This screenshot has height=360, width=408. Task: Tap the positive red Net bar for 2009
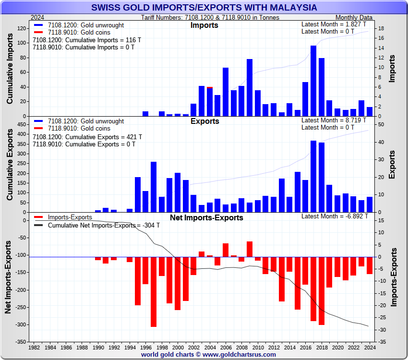pos(250,249)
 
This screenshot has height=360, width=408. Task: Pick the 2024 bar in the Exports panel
pos(370,204)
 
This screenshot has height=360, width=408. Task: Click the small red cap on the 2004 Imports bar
pos(210,87)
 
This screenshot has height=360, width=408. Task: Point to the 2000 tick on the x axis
pos(178,347)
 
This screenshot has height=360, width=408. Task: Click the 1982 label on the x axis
pos(34,347)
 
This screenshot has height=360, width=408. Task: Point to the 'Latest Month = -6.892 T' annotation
pos(335,216)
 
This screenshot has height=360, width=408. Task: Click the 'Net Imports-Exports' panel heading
pos(206,218)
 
